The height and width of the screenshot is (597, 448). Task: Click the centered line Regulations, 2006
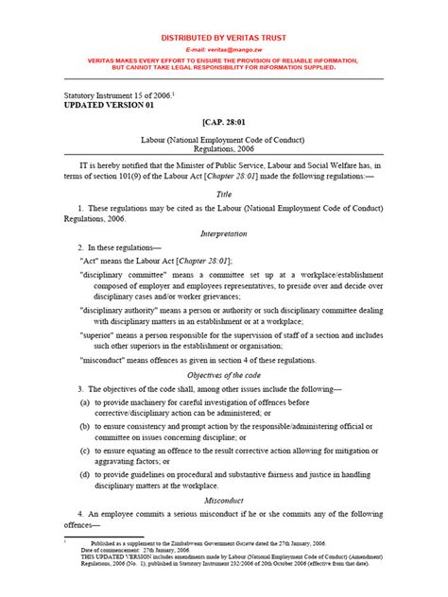coord(224,148)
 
